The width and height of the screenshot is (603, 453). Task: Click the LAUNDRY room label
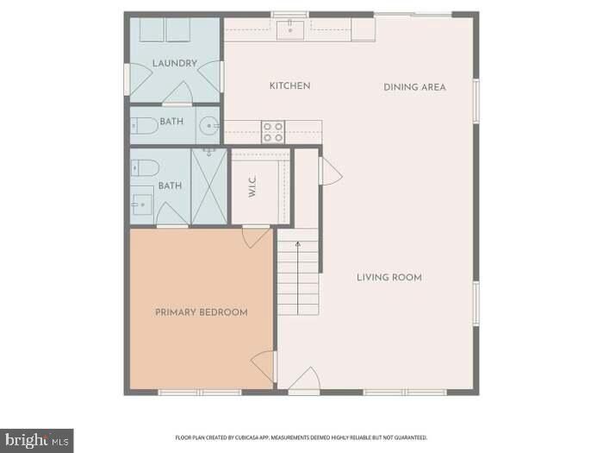(175, 64)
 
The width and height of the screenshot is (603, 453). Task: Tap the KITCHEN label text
(289, 86)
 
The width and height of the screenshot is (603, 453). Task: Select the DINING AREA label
(414, 87)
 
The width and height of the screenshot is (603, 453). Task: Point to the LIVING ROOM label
(389, 277)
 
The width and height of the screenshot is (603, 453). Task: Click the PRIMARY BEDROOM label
(202, 312)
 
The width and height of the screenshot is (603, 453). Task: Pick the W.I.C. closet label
(253, 189)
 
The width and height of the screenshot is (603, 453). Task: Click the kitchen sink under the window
(291, 31)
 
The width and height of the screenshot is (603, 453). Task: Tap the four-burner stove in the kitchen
(273, 132)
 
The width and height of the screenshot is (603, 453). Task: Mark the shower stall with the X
(209, 186)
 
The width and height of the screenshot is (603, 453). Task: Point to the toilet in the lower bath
(143, 167)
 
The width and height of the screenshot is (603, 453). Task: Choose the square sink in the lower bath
(142, 204)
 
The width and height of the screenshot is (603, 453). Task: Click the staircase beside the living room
(298, 279)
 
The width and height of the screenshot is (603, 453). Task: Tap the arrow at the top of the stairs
(298, 245)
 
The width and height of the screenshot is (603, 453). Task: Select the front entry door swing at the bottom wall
(303, 379)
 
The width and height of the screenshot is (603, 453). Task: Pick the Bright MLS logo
(36, 441)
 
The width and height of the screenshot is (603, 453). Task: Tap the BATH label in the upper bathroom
(171, 122)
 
